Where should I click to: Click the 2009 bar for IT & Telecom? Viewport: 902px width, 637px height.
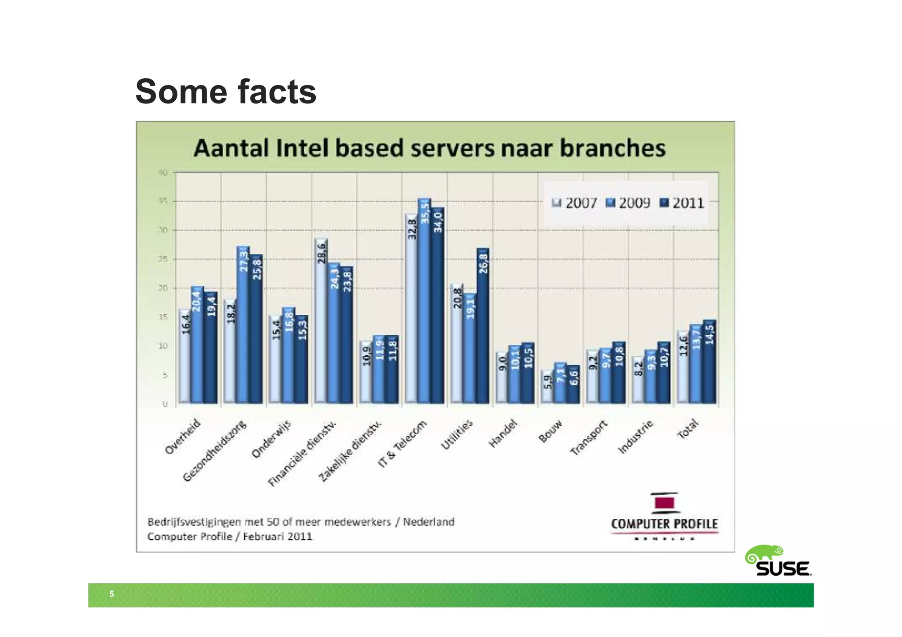pos(424,301)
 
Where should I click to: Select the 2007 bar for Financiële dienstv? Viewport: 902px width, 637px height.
pos(321,321)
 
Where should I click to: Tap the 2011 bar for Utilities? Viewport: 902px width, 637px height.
pos(483,326)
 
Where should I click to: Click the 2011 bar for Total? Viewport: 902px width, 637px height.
pos(709,361)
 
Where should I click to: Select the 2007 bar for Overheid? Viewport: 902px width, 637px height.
pos(185,356)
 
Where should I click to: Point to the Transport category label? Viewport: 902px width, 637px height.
pos(589,438)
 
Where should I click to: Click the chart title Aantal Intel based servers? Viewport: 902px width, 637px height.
pos(429,148)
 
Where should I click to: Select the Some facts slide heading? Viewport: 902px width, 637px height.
pos(225,92)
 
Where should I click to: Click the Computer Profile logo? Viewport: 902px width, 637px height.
pos(664,515)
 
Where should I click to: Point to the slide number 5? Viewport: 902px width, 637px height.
pos(111,594)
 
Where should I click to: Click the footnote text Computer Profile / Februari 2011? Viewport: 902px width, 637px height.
pos(229,537)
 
